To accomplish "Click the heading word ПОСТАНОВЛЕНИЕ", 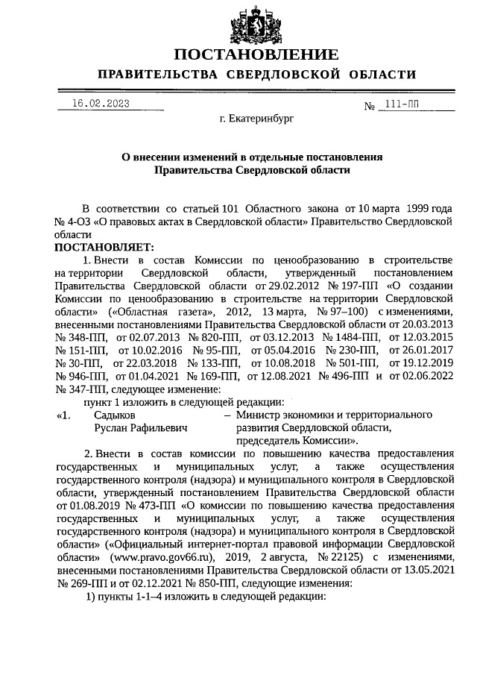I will pos(256,55).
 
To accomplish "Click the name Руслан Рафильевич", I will pos(140,428).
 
